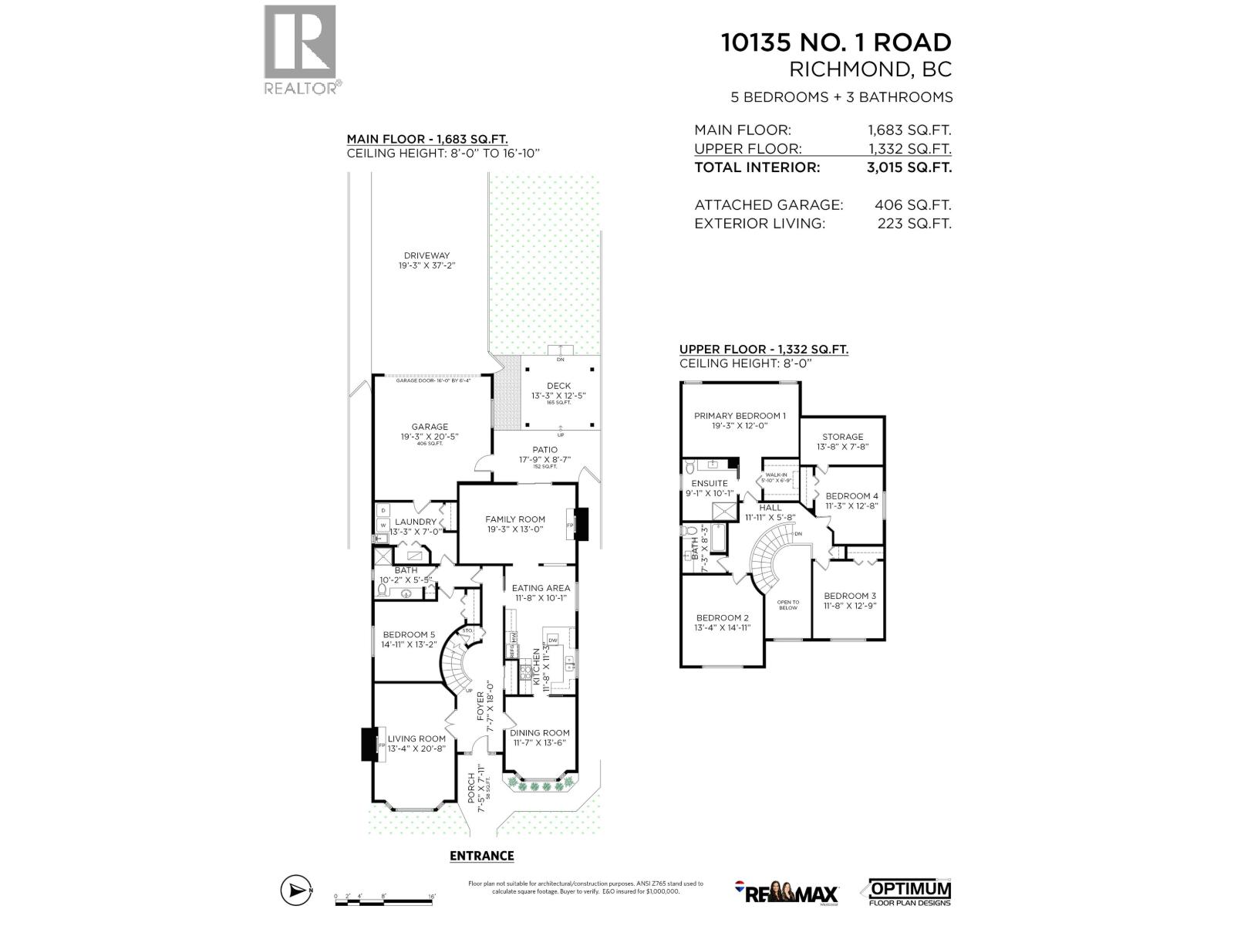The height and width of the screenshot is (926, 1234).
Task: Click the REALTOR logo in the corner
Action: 301,49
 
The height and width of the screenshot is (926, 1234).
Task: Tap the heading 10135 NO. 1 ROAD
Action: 836,42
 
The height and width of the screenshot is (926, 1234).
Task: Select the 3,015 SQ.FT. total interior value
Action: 909,167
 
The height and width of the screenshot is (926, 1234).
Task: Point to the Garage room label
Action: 430,427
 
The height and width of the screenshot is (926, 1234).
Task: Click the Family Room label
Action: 514,519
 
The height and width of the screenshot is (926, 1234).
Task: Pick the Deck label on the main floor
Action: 558,386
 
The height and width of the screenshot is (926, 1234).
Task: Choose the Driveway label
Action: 427,256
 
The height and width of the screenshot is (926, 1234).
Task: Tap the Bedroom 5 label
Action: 409,635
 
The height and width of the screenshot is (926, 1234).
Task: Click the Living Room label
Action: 416,738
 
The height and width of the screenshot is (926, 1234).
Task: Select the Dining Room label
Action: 540,733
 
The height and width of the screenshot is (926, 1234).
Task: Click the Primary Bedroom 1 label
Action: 740,416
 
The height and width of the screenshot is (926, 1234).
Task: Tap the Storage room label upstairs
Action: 842,437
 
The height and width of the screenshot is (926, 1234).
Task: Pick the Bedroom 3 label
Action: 850,596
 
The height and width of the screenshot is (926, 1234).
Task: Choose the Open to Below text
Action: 788,605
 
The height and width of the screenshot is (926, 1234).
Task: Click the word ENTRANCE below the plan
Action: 481,856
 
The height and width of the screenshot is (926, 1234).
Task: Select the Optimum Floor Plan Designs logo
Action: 910,892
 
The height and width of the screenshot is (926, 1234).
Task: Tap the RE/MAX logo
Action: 786,893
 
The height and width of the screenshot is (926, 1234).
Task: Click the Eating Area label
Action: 541,588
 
